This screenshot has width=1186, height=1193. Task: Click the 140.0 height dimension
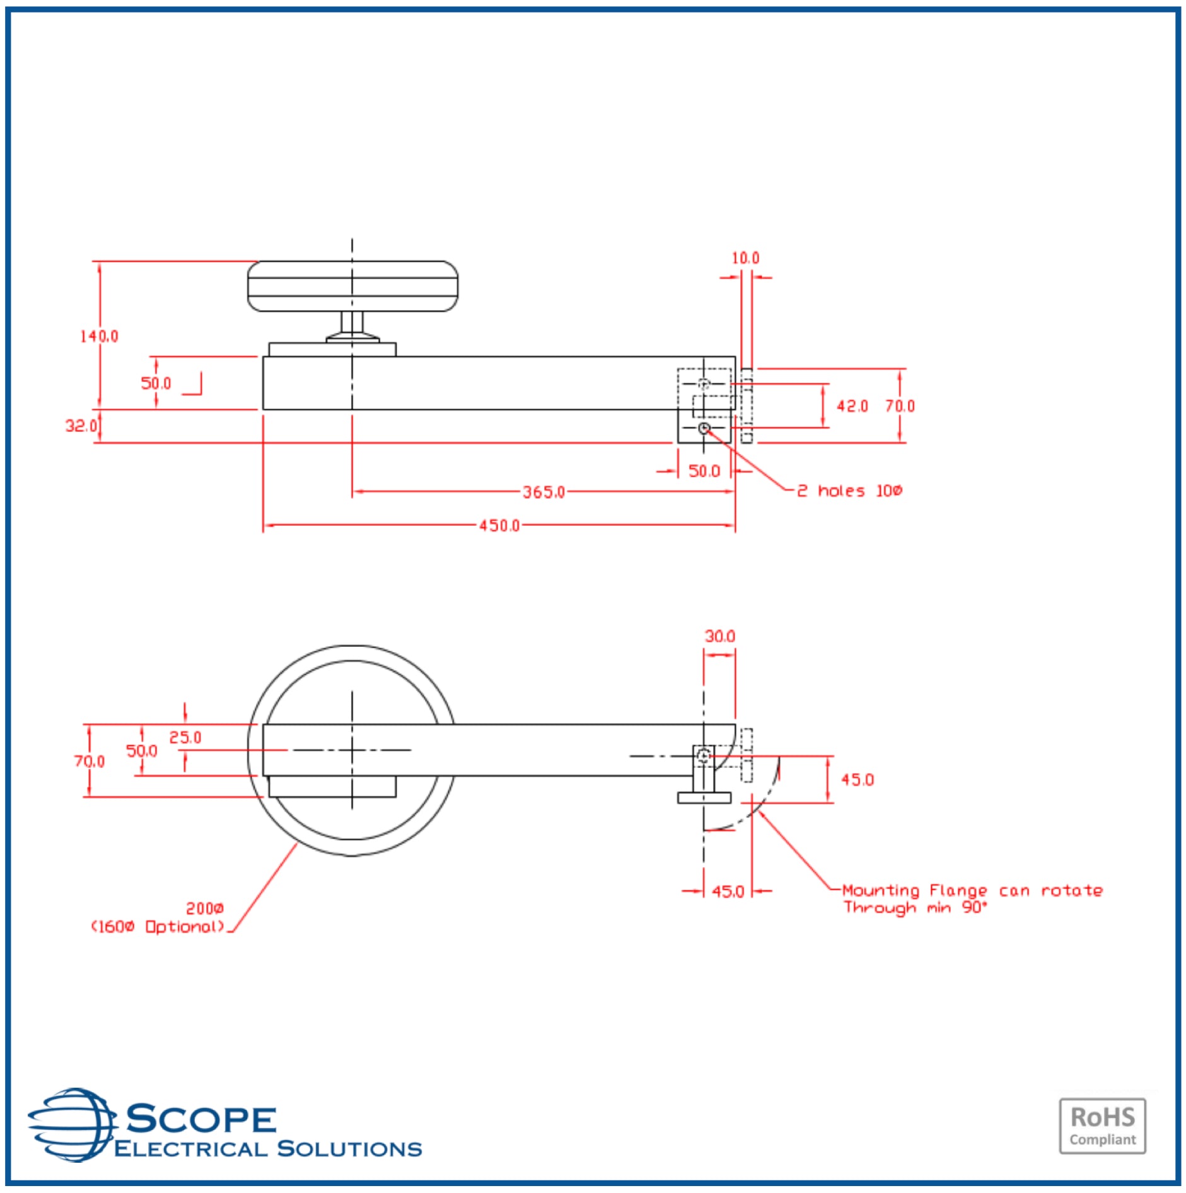(98, 336)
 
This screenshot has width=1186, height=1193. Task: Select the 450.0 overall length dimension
(499, 525)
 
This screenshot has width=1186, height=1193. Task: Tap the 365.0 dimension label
(544, 492)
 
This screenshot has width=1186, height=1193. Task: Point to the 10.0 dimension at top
(745, 258)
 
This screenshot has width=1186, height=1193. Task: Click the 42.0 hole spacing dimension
(852, 406)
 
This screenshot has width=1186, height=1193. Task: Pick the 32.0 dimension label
(81, 426)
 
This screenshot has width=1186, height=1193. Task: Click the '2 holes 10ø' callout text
(849, 491)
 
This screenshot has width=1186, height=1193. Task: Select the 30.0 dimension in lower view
(719, 636)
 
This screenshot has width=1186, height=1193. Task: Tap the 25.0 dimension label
(185, 737)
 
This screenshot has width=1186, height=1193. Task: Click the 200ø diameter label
(204, 908)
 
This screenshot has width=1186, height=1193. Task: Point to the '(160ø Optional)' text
(158, 926)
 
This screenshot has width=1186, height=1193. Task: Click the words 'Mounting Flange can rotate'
(972, 890)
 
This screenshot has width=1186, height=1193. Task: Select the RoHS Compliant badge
(1102, 1126)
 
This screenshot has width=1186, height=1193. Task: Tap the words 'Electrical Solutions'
(267, 1148)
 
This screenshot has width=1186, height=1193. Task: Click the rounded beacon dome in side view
(352, 286)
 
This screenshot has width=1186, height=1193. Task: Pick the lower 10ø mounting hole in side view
(704, 429)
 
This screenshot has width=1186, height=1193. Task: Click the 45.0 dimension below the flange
(728, 891)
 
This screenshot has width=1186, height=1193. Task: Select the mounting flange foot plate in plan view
(704, 798)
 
